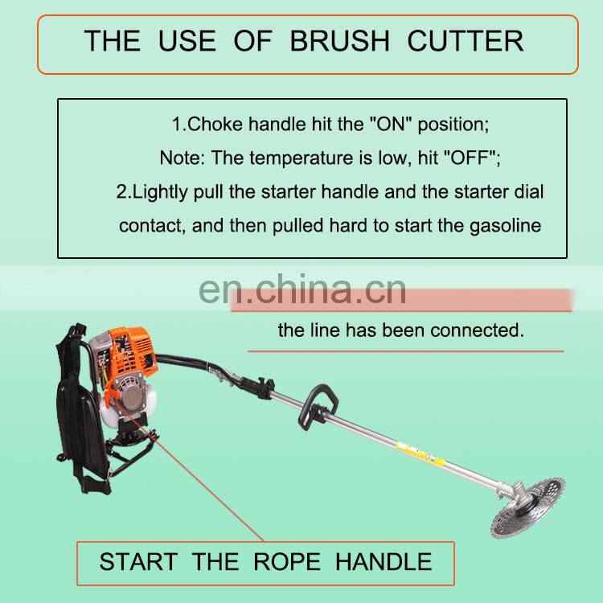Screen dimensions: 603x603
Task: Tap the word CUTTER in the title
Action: [466, 41]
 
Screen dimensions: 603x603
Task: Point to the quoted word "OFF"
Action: [474, 158]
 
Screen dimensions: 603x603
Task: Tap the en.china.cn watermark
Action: [302, 289]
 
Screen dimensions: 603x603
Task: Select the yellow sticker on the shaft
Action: [424, 454]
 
